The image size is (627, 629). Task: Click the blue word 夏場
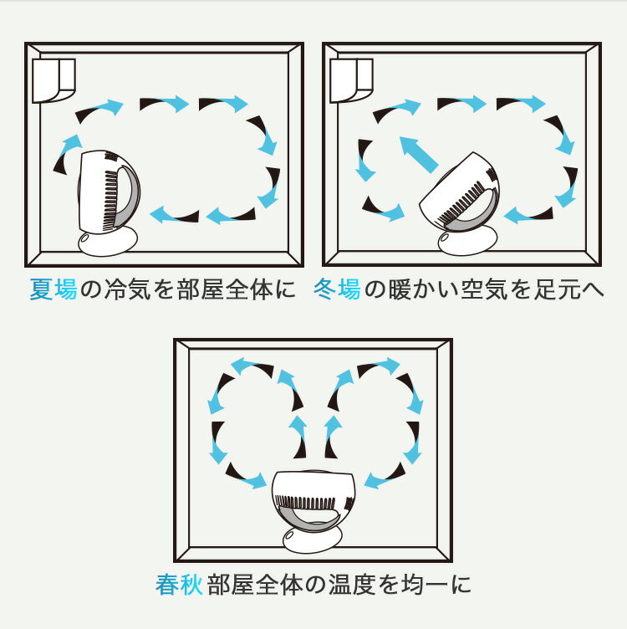(x=54, y=290)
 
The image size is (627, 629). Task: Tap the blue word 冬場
(x=337, y=290)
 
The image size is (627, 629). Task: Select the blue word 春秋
(x=179, y=584)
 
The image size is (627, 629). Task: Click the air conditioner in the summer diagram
(x=54, y=79)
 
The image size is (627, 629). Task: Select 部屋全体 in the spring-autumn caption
(x=259, y=584)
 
